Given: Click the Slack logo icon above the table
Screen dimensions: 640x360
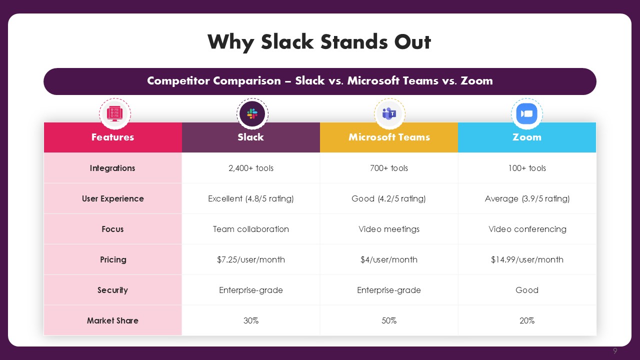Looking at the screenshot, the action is (252, 113).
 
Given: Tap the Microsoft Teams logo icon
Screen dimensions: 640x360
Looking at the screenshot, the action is (389, 113).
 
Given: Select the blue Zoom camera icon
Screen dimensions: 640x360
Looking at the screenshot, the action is (527, 113).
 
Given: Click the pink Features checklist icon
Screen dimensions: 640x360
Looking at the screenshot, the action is (115, 113).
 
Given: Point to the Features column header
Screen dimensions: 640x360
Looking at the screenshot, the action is (113, 137).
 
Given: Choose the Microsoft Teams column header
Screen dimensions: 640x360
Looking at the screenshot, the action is (389, 137).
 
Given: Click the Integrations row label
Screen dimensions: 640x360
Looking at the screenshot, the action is (112, 168).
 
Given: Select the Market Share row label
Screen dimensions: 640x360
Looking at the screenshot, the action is (112, 320).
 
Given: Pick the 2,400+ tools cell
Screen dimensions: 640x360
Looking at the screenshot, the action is (251, 168).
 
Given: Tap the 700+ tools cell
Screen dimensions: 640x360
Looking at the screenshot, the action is (389, 168).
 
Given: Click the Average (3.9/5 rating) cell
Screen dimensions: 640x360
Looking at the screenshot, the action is (527, 198).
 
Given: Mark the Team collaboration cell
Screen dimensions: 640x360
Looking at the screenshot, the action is (251, 229).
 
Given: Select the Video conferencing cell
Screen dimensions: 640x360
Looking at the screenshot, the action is (527, 229).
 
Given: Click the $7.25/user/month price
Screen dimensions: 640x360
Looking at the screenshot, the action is (251, 259).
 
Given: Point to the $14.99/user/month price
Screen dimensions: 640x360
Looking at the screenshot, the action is (527, 259).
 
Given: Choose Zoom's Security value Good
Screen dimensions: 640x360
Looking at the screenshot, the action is (527, 290).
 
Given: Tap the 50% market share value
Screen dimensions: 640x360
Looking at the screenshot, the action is (389, 320).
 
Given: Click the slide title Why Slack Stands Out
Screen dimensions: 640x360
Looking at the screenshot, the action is (319, 42).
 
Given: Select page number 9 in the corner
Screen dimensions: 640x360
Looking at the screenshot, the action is (615, 350).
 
